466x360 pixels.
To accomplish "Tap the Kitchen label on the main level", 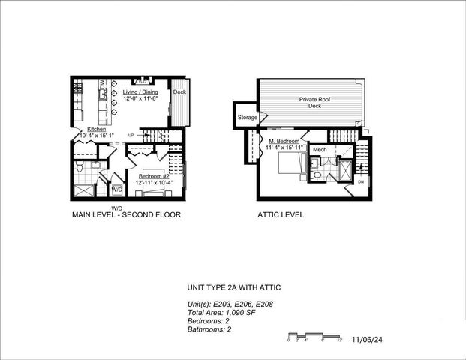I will click(97, 130).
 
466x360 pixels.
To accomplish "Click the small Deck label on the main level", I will click(179, 92).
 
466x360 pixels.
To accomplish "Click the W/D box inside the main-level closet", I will click(117, 190).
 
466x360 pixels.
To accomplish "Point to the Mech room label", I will click(320, 150).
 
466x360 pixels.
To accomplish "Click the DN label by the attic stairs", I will click(360, 182).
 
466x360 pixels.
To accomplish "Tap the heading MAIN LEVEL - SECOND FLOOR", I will click(126, 215).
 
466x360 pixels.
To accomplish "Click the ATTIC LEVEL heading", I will click(279, 215).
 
